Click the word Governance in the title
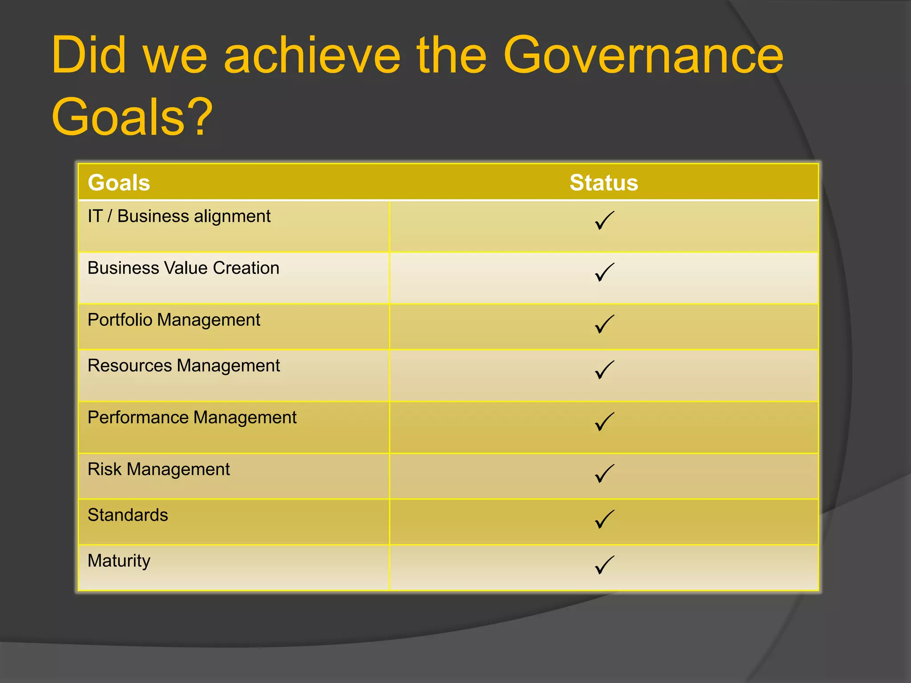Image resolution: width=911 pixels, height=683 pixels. coord(643,56)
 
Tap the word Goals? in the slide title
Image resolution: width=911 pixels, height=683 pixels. coord(132,117)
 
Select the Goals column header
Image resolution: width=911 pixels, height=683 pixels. coord(119,183)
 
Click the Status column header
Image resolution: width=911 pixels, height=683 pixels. coord(604,183)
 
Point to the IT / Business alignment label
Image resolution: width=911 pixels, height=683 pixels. coord(179,217)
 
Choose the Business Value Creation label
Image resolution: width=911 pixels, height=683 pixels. coord(183,268)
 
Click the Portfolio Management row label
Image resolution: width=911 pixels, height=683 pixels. coord(174,320)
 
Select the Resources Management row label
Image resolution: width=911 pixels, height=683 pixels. coord(184,366)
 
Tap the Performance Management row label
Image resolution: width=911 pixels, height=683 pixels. coord(192,418)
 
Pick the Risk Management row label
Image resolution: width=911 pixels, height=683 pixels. coord(159,470)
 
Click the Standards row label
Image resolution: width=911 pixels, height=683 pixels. coord(128,515)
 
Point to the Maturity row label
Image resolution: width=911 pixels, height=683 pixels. coord(119,561)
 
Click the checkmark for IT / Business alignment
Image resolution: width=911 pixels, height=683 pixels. coord(604,221)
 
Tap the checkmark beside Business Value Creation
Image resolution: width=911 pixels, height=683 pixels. coord(604,272)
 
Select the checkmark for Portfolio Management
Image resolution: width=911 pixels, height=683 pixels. coord(604,324)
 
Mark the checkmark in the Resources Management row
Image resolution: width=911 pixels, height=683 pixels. coord(604,370)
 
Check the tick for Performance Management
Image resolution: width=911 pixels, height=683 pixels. coord(604,422)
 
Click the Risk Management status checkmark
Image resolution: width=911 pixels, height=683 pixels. coord(604,474)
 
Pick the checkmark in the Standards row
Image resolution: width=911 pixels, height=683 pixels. coord(604,519)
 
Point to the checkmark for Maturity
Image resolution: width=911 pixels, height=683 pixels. coord(604,565)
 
